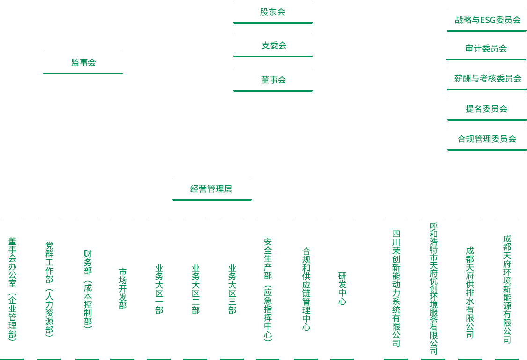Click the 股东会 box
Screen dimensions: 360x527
[273, 12]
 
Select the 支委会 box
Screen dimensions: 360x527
[273, 45]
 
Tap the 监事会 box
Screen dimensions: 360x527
[83, 62]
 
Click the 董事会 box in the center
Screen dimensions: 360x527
[273, 79]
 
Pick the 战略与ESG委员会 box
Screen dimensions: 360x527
[487, 20]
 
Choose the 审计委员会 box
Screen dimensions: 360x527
[487, 48]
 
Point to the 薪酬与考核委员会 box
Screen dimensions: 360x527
[487, 79]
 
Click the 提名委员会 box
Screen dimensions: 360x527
[487, 109]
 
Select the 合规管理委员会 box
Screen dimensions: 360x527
[487, 139]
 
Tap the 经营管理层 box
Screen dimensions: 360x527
[212, 189]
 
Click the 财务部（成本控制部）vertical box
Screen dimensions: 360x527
[88, 288]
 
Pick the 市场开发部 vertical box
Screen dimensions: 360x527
[123, 288]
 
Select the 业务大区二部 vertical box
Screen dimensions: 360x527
[196, 288]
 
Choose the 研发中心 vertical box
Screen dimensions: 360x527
[342, 288]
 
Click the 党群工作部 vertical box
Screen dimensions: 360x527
[49, 288]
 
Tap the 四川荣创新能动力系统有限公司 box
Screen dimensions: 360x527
[396, 288]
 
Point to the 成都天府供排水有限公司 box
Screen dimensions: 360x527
[470, 288]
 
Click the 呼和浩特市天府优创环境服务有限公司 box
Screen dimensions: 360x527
[433, 288]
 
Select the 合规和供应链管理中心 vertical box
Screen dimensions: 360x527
[306, 288]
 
